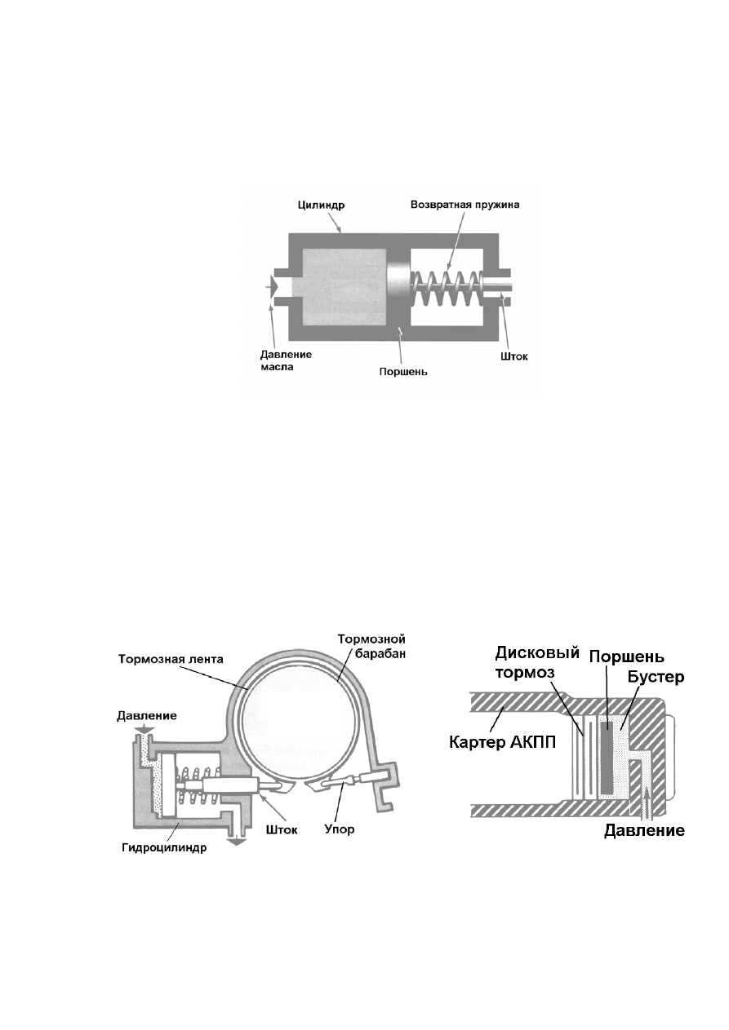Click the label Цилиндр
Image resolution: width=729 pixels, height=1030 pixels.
pyautogui.click(x=320, y=205)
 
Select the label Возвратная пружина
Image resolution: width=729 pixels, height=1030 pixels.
pyautogui.click(x=465, y=204)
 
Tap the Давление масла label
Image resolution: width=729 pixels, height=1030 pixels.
pyautogui.click(x=286, y=360)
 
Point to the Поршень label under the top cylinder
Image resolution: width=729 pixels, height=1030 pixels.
pyautogui.click(x=403, y=371)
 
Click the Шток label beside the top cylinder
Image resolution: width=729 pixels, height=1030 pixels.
pyautogui.click(x=514, y=356)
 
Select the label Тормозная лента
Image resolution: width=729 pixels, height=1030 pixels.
pyautogui.click(x=171, y=659)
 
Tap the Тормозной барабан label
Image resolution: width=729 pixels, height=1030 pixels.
pyautogui.click(x=371, y=646)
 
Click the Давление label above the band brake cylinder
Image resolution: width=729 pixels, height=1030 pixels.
pyautogui.click(x=147, y=715)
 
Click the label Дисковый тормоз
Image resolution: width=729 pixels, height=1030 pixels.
pyautogui.click(x=537, y=662)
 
